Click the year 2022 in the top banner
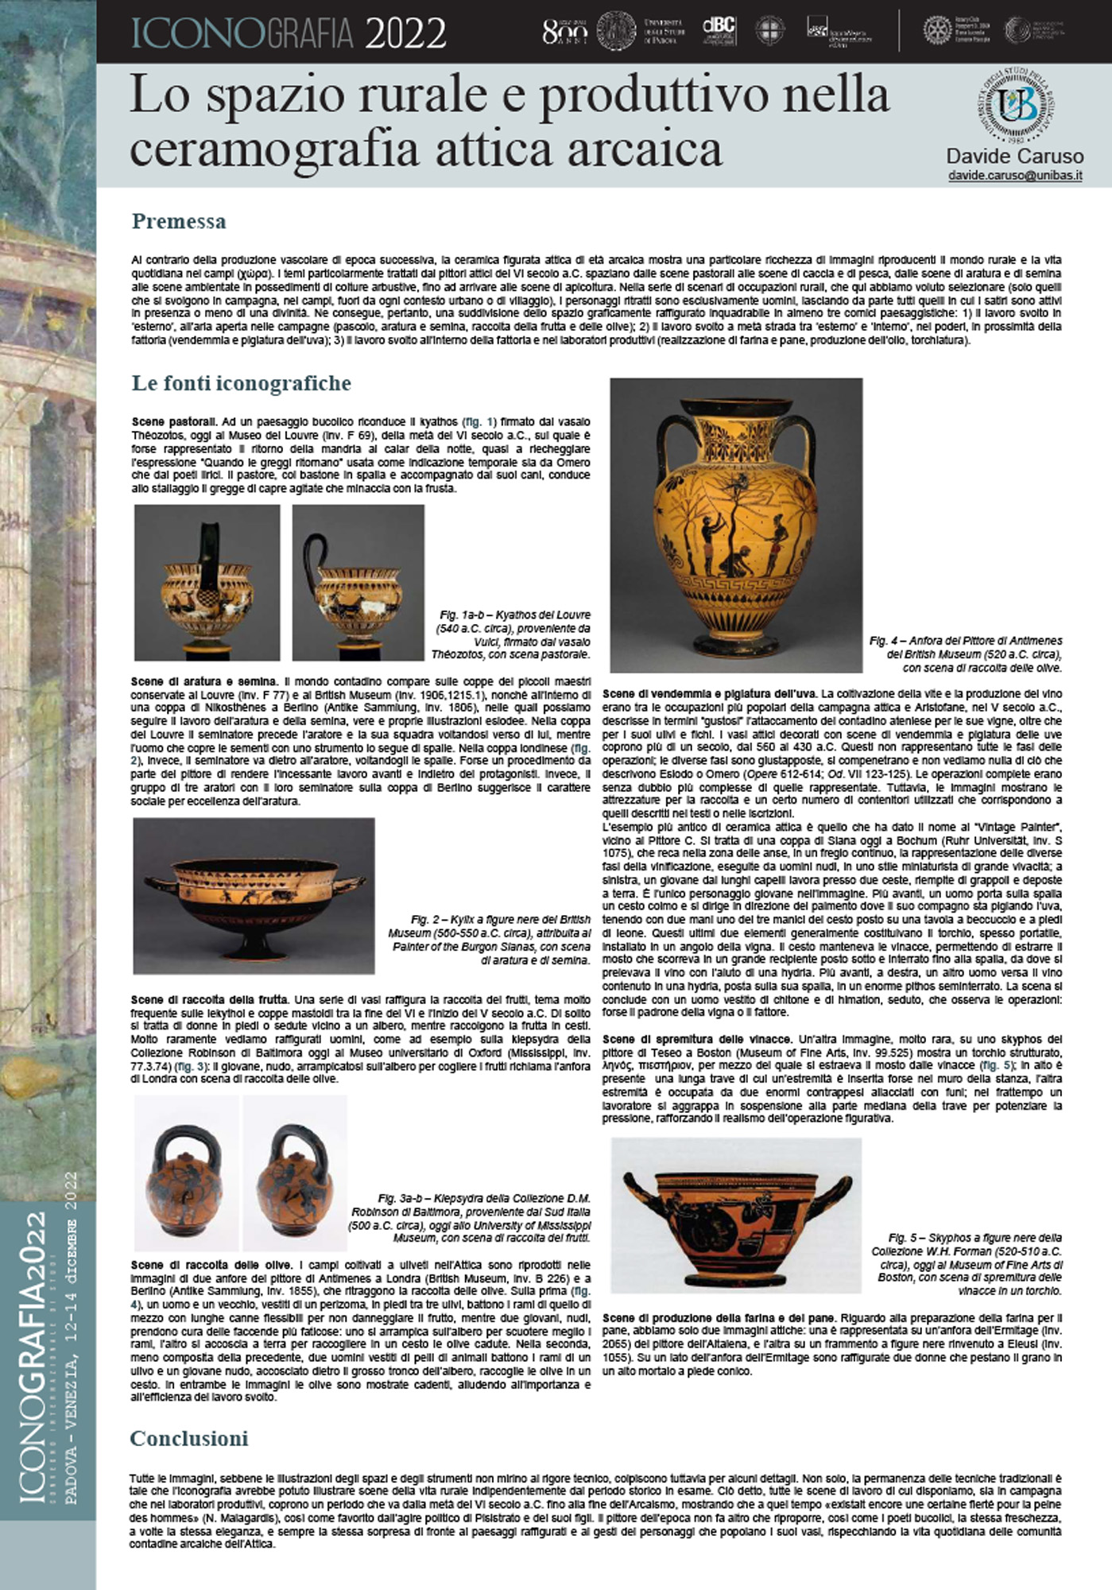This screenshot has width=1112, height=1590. [x=405, y=33]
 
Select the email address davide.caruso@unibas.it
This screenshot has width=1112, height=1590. [x=1014, y=175]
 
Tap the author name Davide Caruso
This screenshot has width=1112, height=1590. [x=1014, y=156]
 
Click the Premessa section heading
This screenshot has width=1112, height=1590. [x=179, y=221]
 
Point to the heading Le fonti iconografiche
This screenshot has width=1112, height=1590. [x=241, y=383]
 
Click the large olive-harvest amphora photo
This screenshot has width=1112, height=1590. [x=736, y=525]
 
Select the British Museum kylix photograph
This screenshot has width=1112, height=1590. [x=254, y=895]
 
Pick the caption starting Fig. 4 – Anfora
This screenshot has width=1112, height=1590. [x=965, y=653]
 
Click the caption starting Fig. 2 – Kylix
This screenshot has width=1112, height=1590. [x=489, y=940]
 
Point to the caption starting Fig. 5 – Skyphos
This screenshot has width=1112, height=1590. [x=967, y=1264]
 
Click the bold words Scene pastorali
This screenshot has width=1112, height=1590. [x=173, y=421]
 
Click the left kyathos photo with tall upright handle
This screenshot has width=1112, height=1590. [x=207, y=582]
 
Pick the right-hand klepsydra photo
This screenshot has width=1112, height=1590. [x=295, y=1173]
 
